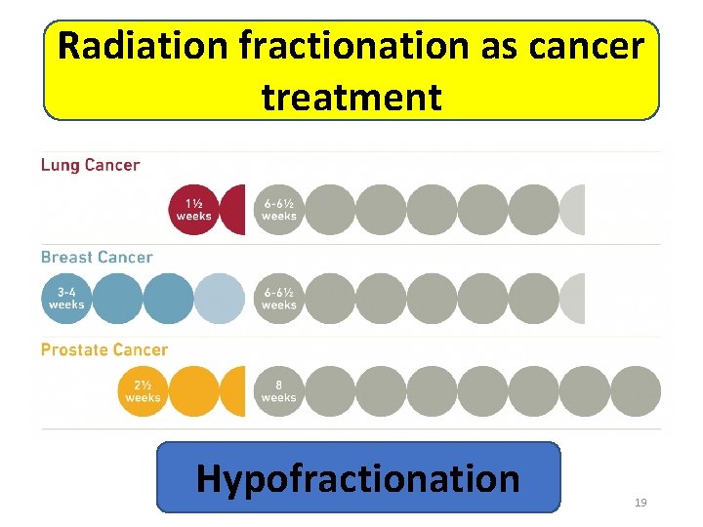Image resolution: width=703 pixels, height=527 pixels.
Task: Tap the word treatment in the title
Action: click(x=351, y=97)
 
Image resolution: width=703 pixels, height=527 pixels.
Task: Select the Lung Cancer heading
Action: click(x=90, y=165)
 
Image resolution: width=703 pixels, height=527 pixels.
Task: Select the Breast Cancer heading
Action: click(x=97, y=258)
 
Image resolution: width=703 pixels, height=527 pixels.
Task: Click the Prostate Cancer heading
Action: click(x=104, y=349)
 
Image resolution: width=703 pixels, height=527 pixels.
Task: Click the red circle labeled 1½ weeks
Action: click(x=193, y=210)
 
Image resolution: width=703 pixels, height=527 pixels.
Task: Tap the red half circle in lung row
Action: click(x=233, y=210)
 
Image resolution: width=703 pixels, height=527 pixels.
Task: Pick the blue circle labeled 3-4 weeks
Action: click(x=66, y=298)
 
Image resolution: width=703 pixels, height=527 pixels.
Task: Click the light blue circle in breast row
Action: click(x=219, y=298)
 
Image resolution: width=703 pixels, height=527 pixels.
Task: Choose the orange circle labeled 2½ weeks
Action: click(x=143, y=390)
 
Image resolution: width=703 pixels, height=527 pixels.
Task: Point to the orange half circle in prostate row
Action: click(x=234, y=390)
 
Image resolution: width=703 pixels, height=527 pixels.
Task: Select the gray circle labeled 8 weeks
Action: click(x=279, y=390)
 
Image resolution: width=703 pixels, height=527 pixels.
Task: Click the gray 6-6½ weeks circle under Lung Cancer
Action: click(x=279, y=210)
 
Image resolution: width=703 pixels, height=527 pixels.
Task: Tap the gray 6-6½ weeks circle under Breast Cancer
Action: click(x=279, y=298)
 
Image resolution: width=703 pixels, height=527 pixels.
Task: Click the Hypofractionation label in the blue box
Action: click(x=358, y=478)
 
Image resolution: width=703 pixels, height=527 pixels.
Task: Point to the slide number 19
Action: click(x=641, y=503)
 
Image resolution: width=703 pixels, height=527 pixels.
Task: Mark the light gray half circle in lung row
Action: click(x=573, y=210)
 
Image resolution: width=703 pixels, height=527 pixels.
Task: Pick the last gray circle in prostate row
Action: click(x=636, y=390)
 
